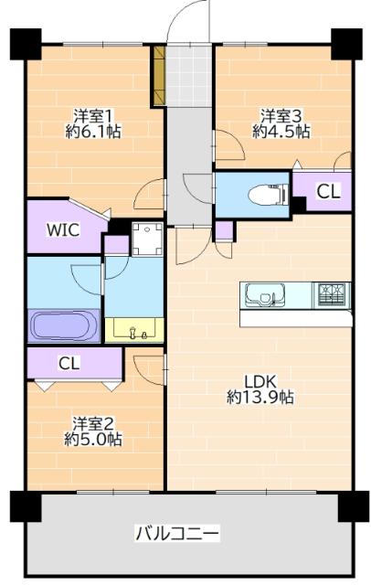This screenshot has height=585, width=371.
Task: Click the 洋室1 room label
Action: pos(94,115)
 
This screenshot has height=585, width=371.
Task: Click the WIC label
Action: pos(63,230)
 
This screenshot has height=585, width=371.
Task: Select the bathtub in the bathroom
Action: pos(64,324)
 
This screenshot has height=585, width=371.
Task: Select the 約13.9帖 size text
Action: pos(260,398)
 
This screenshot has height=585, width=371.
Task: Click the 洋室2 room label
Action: pos(94,423)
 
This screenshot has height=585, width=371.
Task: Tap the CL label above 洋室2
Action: pos(69,363)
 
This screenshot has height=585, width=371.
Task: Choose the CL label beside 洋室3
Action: pos(327,191)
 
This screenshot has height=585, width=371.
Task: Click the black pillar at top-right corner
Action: pos(345,42)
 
